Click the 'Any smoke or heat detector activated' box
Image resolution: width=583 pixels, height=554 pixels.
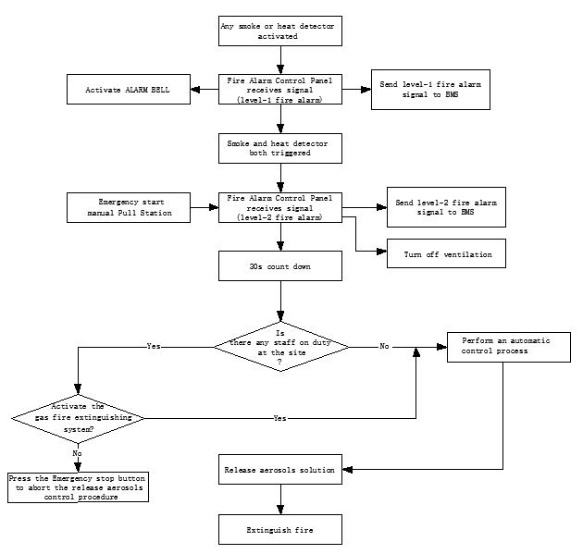(x=280, y=31)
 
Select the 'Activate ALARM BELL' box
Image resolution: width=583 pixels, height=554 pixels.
(x=129, y=89)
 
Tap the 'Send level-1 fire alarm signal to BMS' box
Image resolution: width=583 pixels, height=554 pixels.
(x=430, y=90)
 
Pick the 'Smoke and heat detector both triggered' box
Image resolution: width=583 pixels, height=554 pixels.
(x=280, y=148)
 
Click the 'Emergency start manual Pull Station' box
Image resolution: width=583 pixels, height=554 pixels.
(x=129, y=207)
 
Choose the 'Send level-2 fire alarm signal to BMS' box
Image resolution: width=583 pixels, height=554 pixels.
(x=446, y=207)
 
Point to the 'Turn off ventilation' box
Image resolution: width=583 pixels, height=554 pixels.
(x=446, y=253)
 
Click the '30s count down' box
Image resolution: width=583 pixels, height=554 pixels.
(x=280, y=265)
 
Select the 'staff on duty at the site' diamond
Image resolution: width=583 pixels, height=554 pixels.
(x=281, y=347)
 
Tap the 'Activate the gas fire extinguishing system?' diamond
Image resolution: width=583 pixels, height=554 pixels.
(x=78, y=418)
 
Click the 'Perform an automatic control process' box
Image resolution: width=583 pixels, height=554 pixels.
(x=509, y=347)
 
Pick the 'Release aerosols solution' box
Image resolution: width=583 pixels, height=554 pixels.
(x=280, y=469)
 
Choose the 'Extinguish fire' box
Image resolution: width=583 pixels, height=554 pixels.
(x=280, y=529)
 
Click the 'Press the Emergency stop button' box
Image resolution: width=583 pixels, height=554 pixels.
(x=78, y=487)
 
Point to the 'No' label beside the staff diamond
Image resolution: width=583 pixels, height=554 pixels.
(x=384, y=346)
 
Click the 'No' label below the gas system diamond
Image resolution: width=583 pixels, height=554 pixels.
(x=77, y=453)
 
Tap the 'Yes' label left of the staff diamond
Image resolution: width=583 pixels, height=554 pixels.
(x=154, y=346)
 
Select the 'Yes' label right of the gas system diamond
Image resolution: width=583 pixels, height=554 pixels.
(x=279, y=418)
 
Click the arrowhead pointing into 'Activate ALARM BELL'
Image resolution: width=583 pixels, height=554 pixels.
(x=195, y=89)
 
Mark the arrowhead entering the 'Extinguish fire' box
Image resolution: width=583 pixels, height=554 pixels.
(x=280, y=510)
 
